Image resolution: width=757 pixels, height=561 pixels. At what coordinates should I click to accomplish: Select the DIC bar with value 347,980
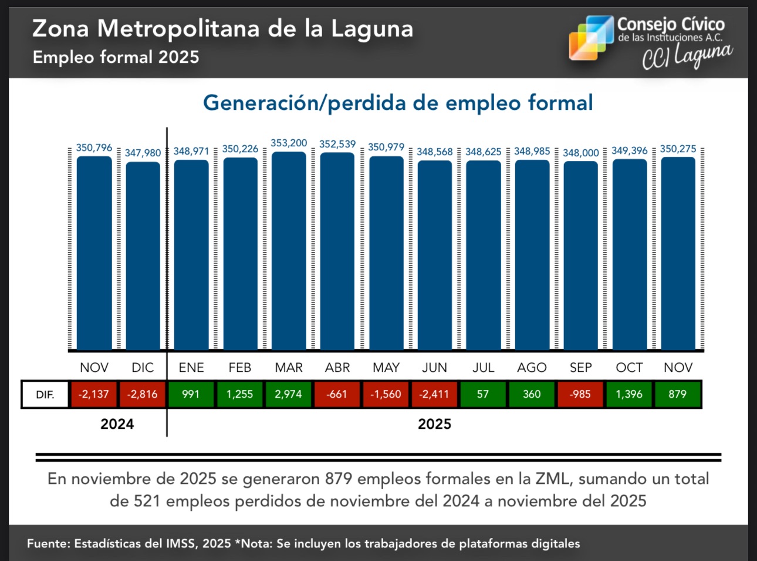coord(143,256)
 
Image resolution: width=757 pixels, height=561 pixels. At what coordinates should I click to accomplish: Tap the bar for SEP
coord(580,256)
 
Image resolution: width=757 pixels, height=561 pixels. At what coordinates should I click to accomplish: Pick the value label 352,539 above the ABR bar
coord(337,145)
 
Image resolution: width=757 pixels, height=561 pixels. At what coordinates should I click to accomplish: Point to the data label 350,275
coord(678,149)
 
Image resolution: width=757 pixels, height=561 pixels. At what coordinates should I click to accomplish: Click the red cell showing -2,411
coord(434,394)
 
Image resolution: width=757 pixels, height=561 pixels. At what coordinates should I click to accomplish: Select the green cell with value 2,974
coord(288,394)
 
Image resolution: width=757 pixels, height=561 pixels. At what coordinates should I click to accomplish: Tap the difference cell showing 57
coord(483,394)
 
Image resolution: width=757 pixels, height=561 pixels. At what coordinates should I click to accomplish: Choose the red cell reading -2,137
coord(94,394)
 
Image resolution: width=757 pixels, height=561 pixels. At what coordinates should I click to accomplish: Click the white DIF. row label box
coord(45,394)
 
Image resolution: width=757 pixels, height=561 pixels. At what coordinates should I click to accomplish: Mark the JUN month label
coord(434,368)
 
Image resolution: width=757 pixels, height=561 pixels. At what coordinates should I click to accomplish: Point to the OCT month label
coord(629,368)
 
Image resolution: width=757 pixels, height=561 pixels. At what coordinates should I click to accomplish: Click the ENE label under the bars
coord(191,368)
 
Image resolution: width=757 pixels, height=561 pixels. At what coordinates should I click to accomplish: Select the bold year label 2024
coord(117,424)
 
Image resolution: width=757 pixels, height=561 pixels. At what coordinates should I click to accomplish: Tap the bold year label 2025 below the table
coord(434,424)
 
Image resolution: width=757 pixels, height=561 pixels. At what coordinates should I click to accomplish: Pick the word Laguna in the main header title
coord(372,29)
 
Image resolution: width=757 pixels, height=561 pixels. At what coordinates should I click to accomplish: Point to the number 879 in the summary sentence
coord(339,479)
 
